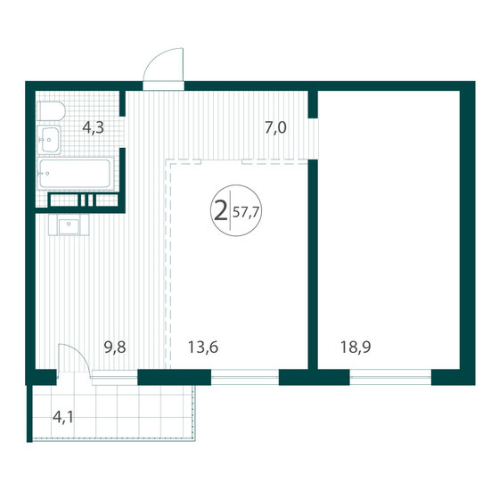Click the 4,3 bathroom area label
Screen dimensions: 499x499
coord(93,128)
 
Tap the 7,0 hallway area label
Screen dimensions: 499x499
coord(275,128)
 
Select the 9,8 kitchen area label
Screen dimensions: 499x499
coord(115,348)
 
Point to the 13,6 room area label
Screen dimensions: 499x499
coord(203,348)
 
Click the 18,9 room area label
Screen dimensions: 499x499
coord(356,348)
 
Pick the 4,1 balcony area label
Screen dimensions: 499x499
coord(63,417)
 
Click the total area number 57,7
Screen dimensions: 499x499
coord(246,212)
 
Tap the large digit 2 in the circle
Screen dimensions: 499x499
coord(221,211)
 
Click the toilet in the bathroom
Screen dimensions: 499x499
coord(51,111)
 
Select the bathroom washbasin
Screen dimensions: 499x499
coord(49,140)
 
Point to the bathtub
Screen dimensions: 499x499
coord(76,174)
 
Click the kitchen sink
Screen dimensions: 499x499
coord(69,225)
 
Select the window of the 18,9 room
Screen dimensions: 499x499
coord(390,377)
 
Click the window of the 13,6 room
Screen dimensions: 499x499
coord(245,377)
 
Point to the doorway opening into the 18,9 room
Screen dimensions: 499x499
coord(313,139)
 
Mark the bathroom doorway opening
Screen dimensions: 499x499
coord(122,132)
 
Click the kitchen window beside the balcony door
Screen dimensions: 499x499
coord(115,378)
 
